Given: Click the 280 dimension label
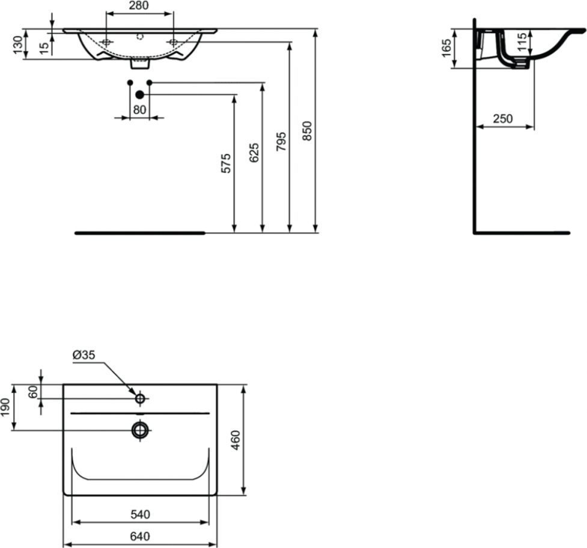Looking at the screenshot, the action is (139, 5).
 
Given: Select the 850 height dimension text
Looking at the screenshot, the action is (307, 130).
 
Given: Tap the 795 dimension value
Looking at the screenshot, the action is (281, 141).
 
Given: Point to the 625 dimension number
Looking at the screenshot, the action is (254, 153).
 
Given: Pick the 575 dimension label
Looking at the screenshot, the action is (226, 163).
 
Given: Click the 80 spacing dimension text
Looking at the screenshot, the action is (139, 110).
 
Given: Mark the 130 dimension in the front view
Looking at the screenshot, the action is (18, 44).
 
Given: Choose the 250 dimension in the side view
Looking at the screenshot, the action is (502, 118).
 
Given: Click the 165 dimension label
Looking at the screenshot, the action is (446, 47).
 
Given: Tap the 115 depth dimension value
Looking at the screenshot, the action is (522, 42).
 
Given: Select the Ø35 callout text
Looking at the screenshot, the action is (84, 355).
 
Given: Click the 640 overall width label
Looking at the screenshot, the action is (140, 537).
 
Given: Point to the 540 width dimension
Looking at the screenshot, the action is (141, 515).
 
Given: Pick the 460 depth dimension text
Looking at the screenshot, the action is (235, 440).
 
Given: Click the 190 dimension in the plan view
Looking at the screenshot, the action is (5, 407).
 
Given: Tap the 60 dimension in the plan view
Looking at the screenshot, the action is (33, 392).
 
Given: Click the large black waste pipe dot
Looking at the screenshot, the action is (139, 95).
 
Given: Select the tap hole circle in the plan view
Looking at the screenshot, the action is (140, 398).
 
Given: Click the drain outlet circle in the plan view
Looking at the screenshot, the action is (140, 430).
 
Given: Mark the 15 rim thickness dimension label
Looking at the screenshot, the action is (44, 48).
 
